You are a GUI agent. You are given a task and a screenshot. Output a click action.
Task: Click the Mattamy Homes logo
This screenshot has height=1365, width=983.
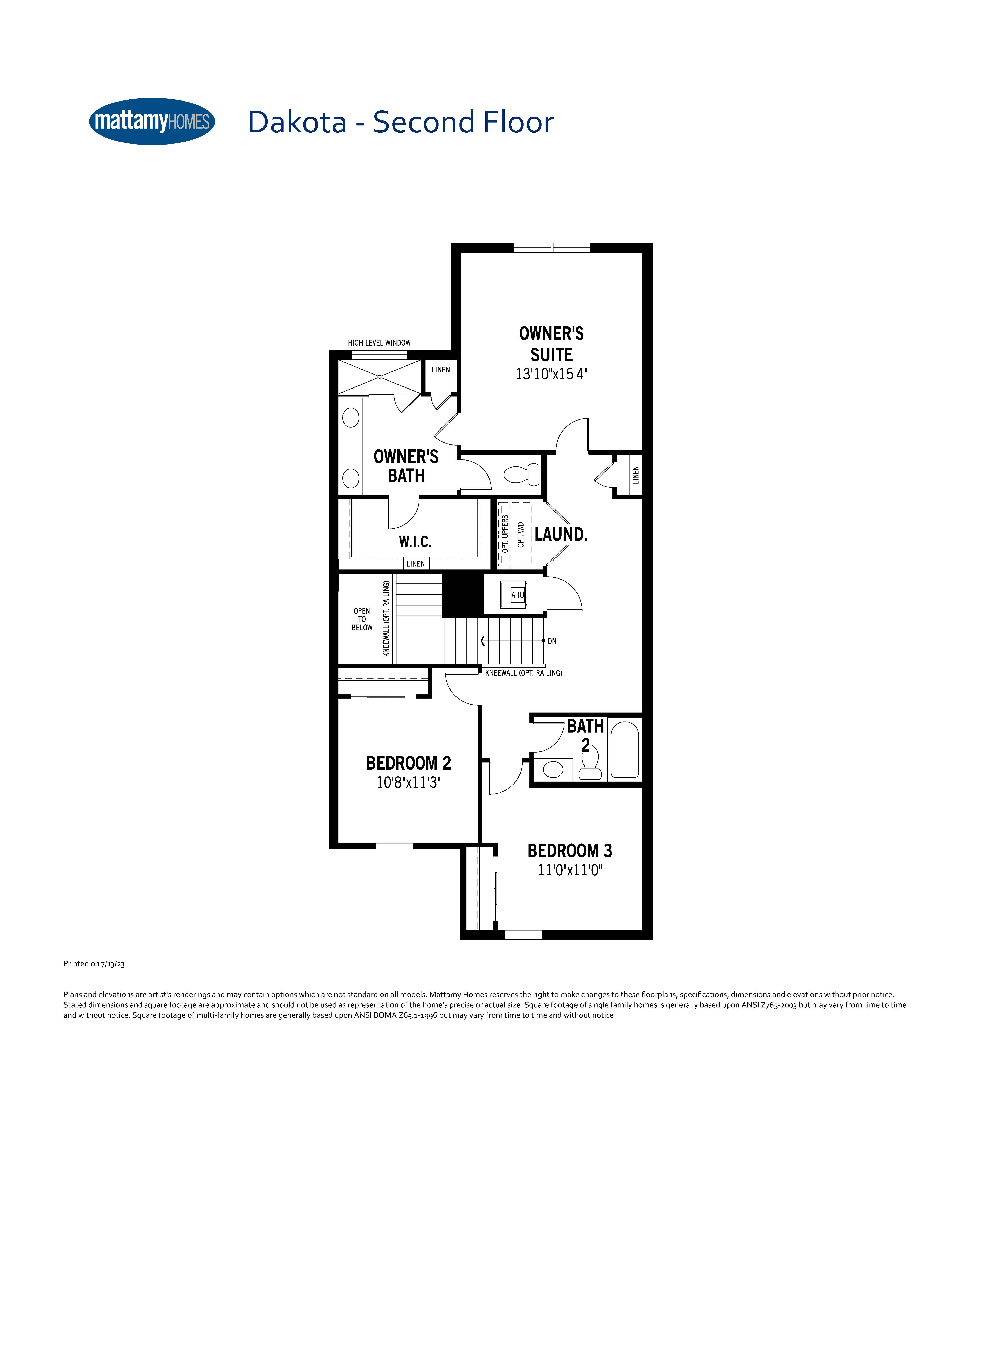(x=152, y=122)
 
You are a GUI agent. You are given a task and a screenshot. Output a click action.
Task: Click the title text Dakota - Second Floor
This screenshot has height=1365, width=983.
(x=400, y=122)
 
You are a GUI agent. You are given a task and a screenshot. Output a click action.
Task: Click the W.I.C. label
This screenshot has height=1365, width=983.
(x=415, y=542)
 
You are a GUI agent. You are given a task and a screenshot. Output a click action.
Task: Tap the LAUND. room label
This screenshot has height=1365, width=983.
(x=560, y=534)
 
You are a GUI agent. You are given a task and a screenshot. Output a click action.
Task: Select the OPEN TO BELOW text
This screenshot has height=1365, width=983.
(x=362, y=619)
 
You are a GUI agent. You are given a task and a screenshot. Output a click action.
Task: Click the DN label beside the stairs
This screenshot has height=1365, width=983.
(x=552, y=641)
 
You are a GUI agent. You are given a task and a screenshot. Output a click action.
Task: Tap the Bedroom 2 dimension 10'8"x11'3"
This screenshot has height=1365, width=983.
(x=409, y=782)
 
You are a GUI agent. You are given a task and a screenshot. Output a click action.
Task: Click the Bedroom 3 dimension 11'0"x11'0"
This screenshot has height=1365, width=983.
(x=569, y=870)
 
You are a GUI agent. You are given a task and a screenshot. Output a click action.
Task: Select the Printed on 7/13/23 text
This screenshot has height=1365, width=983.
(x=94, y=964)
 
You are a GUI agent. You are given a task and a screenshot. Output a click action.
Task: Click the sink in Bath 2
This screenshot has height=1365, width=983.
(x=553, y=769)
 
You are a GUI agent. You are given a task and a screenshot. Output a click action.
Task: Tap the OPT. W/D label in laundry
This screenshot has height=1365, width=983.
(x=521, y=534)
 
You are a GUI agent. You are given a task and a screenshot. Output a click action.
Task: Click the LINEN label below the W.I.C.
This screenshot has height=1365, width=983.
(x=416, y=564)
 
